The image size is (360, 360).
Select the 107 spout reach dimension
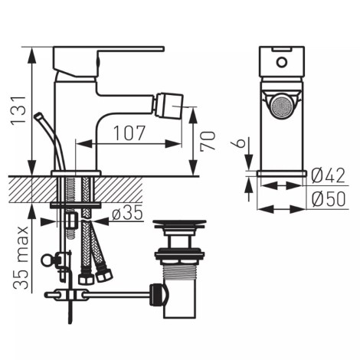pyautogui.click(x=130, y=133)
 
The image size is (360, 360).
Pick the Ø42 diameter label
pyautogui.click(x=329, y=176)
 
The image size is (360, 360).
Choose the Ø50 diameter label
pyautogui.click(x=329, y=200)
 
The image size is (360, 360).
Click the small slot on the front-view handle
pyautogui.click(x=281, y=56)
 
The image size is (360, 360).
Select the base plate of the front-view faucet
pyautogui.click(x=281, y=173)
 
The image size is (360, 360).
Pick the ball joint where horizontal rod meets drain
pyautogui.click(x=158, y=293)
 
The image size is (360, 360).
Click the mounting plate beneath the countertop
pyautogui.click(x=76, y=205)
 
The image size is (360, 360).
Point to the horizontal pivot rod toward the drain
pyautogui.click(x=115, y=293)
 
